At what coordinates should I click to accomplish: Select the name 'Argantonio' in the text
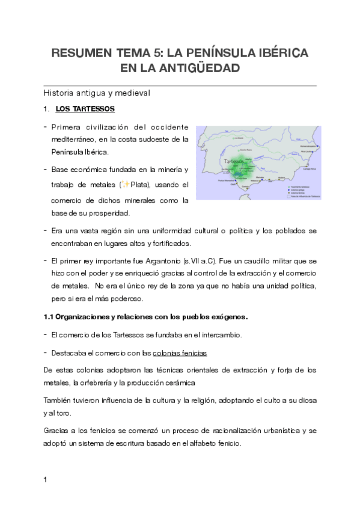point(163,262)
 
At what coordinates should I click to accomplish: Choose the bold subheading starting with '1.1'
point(146,316)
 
